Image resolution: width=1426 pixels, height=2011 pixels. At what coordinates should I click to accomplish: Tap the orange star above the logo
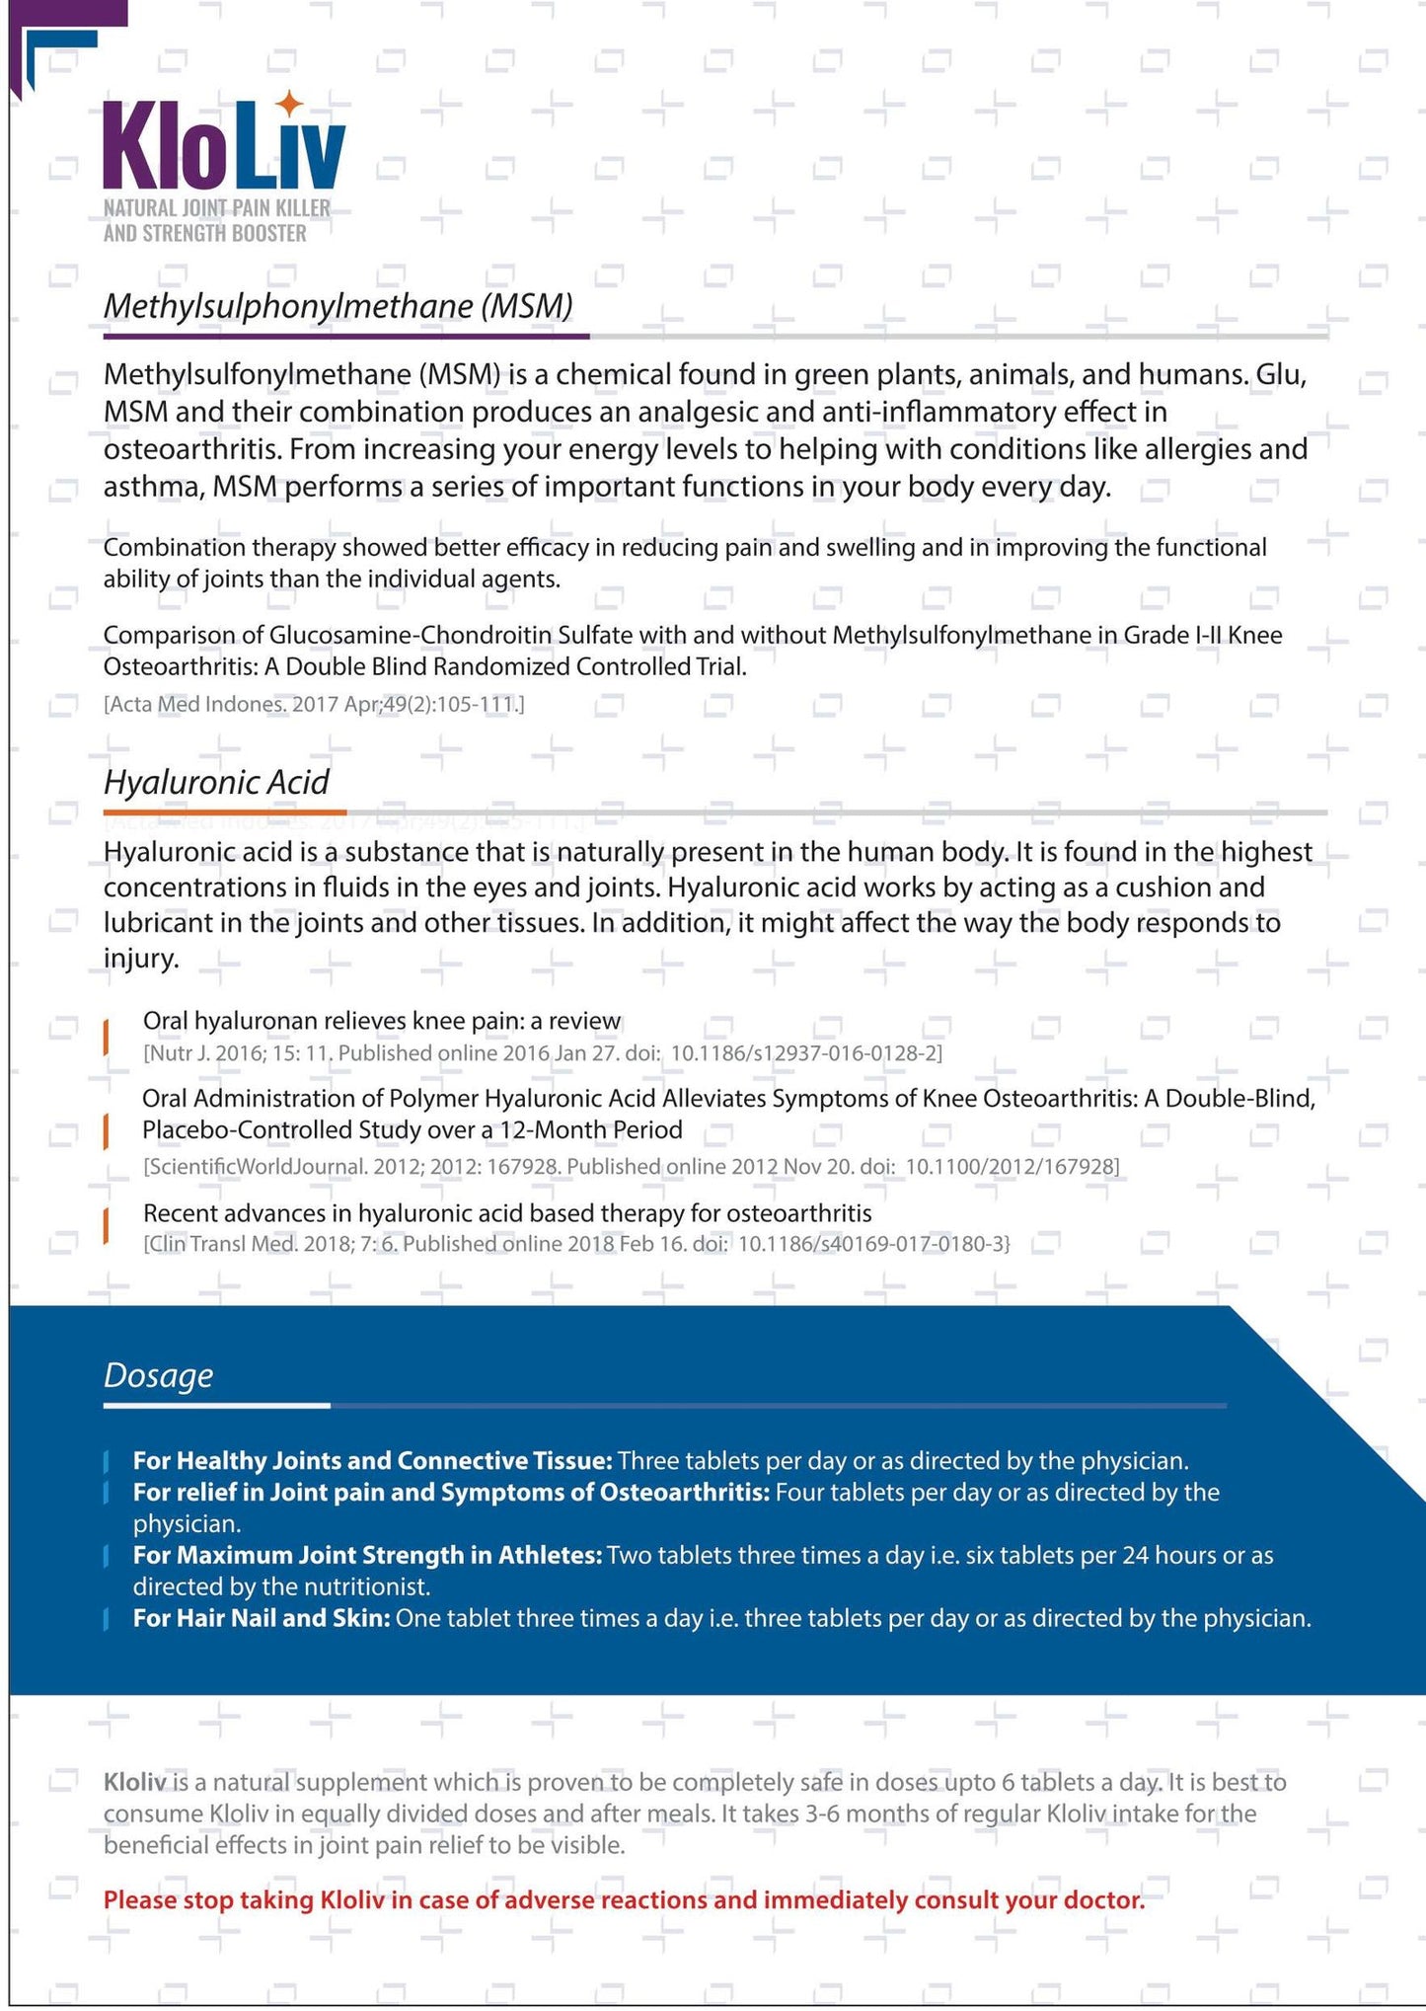click(288, 103)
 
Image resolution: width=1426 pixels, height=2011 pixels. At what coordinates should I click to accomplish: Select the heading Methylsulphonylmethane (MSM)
click(338, 306)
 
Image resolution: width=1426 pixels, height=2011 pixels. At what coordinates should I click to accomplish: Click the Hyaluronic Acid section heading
click(216, 783)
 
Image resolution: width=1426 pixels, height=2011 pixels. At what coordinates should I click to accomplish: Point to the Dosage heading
click(158, 1375)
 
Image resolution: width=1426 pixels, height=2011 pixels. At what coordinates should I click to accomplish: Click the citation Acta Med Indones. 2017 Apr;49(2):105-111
click(314, 705)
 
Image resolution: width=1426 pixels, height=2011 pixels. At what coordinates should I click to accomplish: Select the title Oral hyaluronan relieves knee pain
click(382, 1021)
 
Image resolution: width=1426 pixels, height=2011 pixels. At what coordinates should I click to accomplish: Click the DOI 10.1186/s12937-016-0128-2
click(806, 1053)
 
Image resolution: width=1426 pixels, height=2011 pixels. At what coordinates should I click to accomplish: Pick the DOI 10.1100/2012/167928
click(1012, 1167)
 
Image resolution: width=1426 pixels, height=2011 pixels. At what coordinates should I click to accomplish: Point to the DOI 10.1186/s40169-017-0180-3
click(873, 1244)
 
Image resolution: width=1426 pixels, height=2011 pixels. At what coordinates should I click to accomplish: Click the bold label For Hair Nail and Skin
click(262, 1618)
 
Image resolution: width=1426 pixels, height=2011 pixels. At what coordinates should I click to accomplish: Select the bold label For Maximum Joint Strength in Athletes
click(367, 1555)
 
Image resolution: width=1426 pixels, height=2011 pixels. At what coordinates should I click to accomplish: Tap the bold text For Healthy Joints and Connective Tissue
click(373, 1460)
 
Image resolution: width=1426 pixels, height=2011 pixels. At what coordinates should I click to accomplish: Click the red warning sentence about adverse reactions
click(624, 1900)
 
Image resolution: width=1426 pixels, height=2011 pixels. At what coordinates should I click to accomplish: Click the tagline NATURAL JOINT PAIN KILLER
click(216, 208)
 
